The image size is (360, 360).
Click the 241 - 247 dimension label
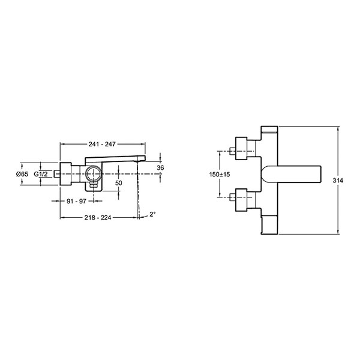(x=102, y=144)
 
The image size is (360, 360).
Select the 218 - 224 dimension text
(x=98, y=217)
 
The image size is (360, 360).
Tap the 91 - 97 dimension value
(x=76, y=201)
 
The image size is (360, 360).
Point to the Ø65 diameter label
(x=22, y=174)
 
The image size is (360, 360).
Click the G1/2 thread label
(x=41, y=174)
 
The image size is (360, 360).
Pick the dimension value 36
(x=160, y=168)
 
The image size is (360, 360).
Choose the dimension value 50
(x=119, y=183)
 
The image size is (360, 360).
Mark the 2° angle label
(x=152, y=214)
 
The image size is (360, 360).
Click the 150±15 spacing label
(x=220, y=175)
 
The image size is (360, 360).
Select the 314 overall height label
(x=338, y=181)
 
